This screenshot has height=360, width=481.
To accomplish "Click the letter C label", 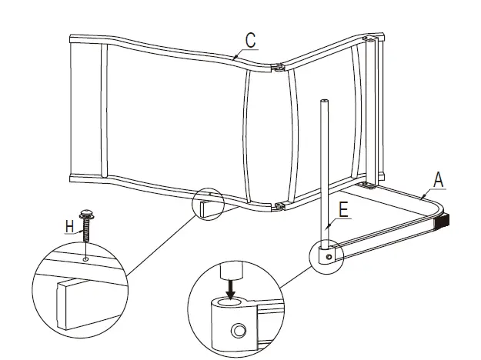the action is [x=250, y=40].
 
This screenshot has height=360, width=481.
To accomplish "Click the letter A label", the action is [x=439, y=180].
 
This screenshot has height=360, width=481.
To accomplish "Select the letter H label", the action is [x=69, y=226].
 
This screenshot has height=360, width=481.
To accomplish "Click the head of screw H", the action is [x=86, y=214].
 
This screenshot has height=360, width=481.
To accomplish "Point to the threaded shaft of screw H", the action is [x=86, y=230].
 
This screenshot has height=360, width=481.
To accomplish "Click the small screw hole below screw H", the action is [x=85, y=259].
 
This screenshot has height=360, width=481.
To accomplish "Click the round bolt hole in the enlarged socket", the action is [x=239, y=331].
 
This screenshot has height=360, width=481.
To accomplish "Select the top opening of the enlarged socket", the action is [x=230, y=302].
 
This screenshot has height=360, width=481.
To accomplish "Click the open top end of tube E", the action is [x=324, y=101].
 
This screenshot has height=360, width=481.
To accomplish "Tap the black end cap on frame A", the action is [x=442, y=222].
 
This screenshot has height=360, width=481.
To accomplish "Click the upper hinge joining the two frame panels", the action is [x=279, y=67].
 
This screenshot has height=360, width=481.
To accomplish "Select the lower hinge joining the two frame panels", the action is [x=279, y=207].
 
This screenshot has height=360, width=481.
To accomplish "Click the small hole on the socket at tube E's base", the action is [x=329, y=257].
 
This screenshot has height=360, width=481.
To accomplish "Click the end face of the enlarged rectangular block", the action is [x=62, y=305].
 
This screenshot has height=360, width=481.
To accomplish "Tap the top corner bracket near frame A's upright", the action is [x=369, y=39].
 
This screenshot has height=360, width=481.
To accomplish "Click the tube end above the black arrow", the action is [x=232, y=270].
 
